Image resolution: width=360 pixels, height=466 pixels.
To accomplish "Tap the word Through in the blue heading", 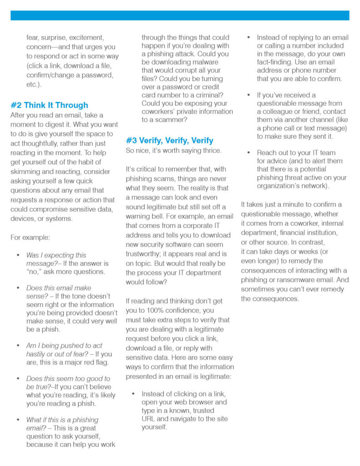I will [x=72, y=105].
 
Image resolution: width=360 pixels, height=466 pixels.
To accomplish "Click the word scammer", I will [x=167, y=120].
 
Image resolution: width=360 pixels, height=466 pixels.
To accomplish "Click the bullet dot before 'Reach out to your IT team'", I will [x=248, y=153].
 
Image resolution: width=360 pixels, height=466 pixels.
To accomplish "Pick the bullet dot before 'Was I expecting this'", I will [x=18, y=255].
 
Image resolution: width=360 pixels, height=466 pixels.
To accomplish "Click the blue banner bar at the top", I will [x=180, y=15].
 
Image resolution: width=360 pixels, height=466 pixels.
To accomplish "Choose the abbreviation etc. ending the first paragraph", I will [x=32, y=85].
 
